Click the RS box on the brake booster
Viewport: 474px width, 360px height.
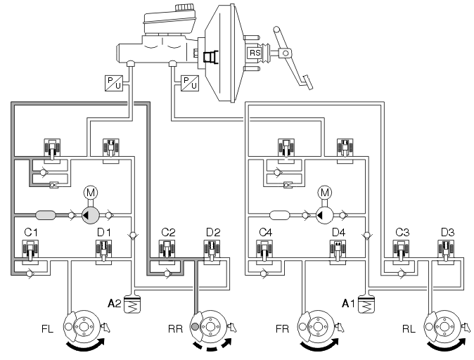pyautogui.click(x=255, y=53)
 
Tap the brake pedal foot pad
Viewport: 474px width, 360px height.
pyautogui.click(x=306, y=82)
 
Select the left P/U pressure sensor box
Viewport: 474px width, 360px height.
pyautogui.click(x=114, y=83)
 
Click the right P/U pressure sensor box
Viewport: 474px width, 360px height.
pyautogui.click(x=190, y=83)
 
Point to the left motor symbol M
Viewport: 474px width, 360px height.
pyautogui.click(x=91, y=193)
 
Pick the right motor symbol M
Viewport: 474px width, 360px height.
pyautogui.click(x=324, y=193)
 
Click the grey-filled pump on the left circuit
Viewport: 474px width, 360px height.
pyautogui.click(x=91, y=215)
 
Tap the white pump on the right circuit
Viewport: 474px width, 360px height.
pyautogui.click(x=324, y=215)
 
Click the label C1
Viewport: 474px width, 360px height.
pyautogui.click(x=31, y=233)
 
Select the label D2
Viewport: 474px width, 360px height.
pyautogui.click(x=213, y=233)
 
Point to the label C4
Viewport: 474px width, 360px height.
pyautogui.click(x=265, y=233)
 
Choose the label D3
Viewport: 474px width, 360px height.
pyautogui.click(x=447, y=233)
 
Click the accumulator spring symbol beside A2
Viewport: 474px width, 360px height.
pyautogui.click(x=132, y=304)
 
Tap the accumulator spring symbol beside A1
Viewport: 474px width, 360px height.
pyautogui.click(x=366, y=304)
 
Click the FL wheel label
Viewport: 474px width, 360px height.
pyautogui.click(x=47, y=329)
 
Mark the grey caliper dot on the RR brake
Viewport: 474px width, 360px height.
pyautogui.click(x=195, y=326)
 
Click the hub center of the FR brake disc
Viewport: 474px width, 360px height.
pyautogui.click(x=317, y=327)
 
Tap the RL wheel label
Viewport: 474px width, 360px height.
pyautogui.click(x=409, y=329)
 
